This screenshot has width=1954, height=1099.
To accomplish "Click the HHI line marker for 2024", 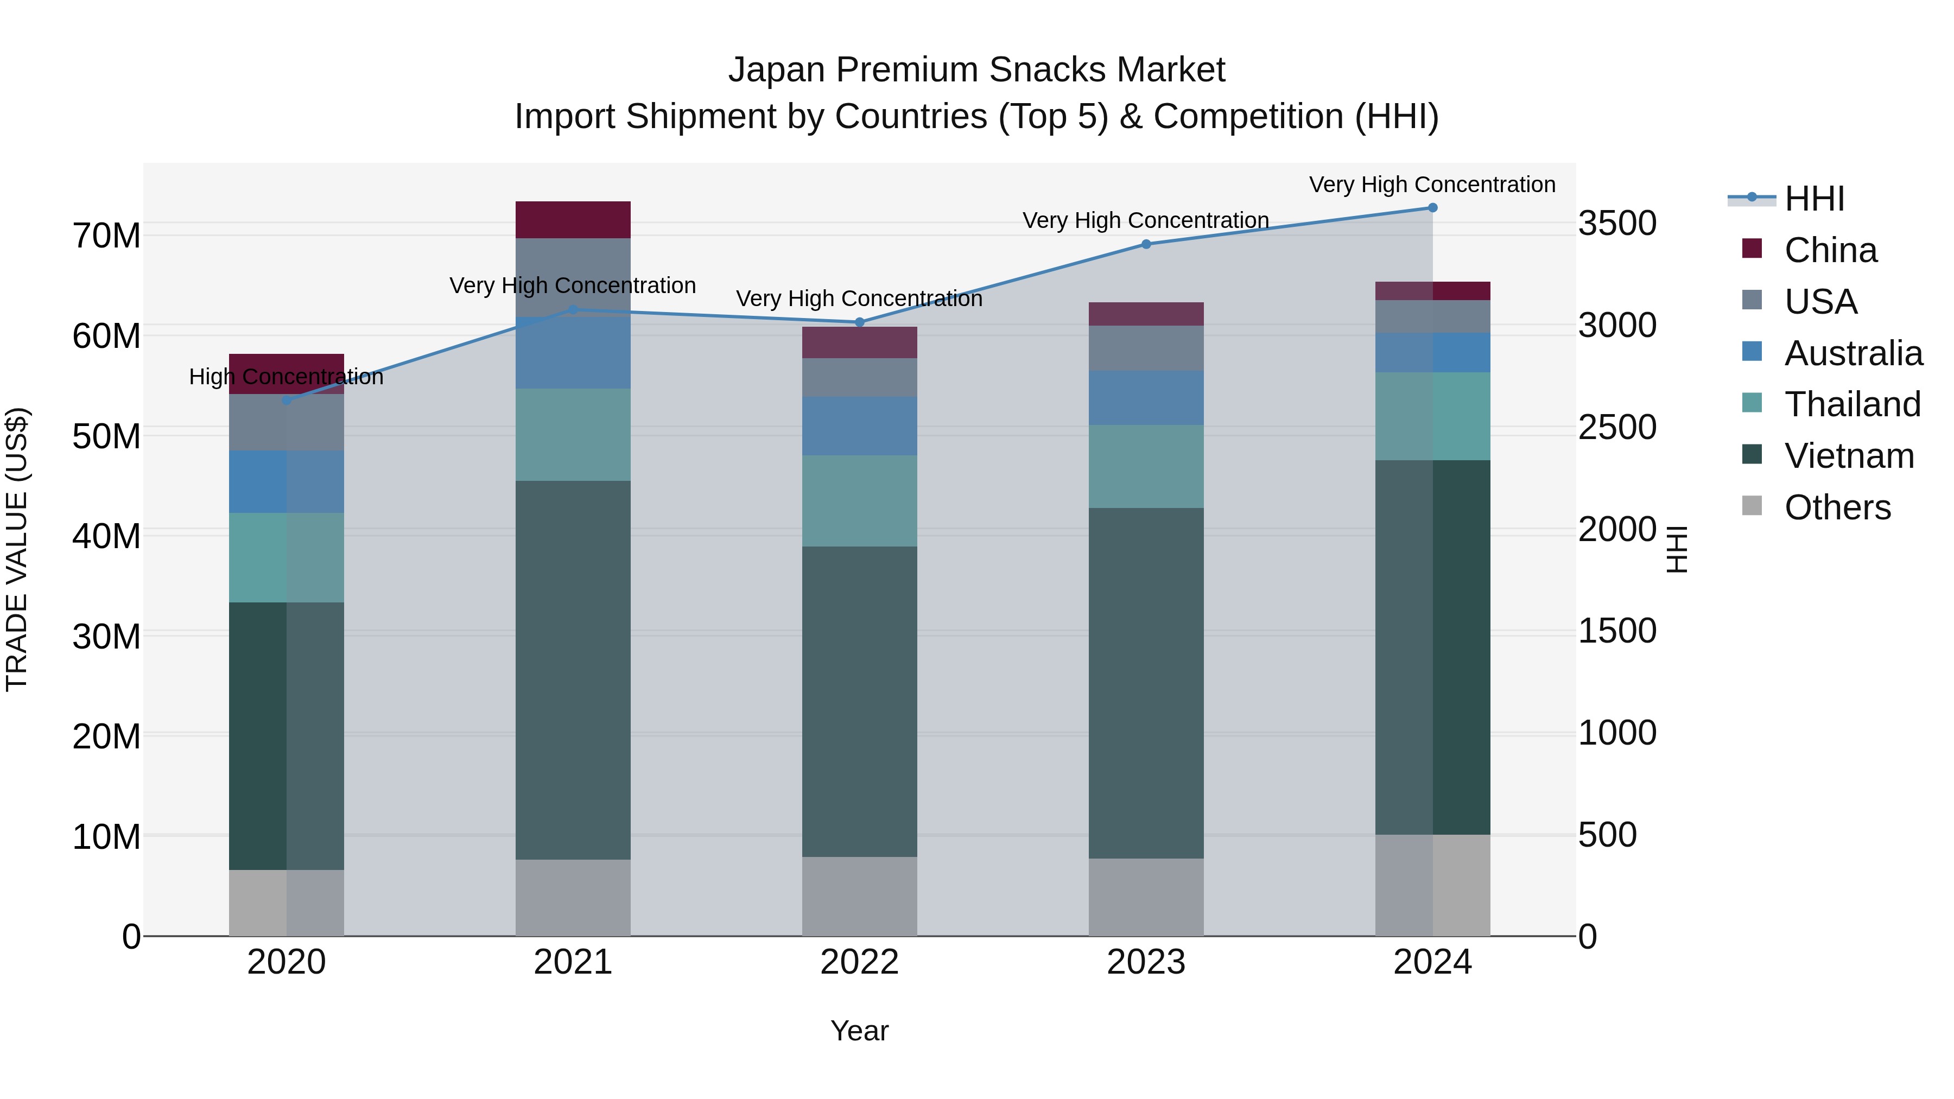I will tap(1432, 208).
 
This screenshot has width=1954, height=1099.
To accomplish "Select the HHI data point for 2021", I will tap(573, 309).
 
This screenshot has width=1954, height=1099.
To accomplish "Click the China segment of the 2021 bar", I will tap(573, 220).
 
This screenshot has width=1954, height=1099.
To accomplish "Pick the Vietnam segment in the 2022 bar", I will tap(859, 702).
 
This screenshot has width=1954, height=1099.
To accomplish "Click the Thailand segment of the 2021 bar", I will tap(573, 435).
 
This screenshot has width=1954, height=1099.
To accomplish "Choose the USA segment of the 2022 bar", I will tap(859, 377).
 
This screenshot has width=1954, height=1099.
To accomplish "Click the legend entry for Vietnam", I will tap(1849, 456).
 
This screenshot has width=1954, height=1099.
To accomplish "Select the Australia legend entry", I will tap(1853, 353).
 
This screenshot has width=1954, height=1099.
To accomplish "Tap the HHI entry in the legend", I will tap(1813, 199).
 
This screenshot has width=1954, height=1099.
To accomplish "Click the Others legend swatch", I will tap(1752, 506).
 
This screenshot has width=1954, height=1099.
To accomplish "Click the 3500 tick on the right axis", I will tap(1617, 224).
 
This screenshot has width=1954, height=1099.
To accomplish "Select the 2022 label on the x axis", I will tap(859, 962).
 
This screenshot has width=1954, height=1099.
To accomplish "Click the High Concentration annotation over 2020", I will tap(286, 377).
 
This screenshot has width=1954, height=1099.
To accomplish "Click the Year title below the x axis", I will tap(859, 1031).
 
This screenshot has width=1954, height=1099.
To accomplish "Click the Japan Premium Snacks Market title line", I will tap(976, 70).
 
